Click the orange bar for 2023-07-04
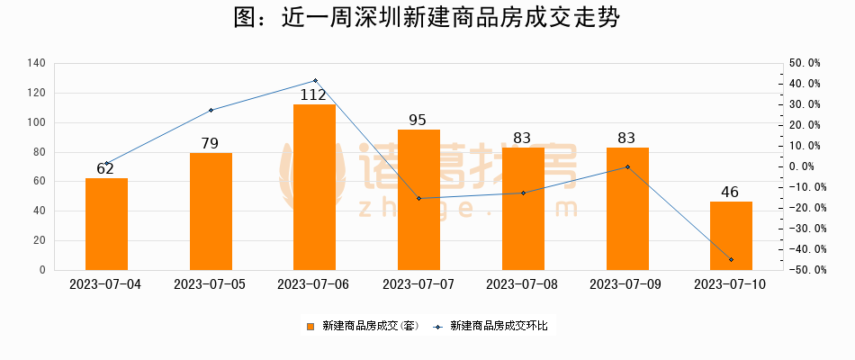click(106, 224)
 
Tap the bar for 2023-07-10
click(731, 236)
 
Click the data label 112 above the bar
click(314, 94)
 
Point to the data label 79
click(211, 143)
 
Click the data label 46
click(731, 192)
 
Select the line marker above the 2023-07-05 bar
click(211, 110)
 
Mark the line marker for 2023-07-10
click(731, 259)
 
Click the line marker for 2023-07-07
click(418, 198)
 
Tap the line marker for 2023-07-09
click(627, 166)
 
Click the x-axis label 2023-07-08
click(522, 283)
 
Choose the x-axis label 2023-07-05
click(210, 283)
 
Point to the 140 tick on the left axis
click(37, 63)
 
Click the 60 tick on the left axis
click(40, 181)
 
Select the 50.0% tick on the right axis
click(803, 63)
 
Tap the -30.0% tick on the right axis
click(801, 229)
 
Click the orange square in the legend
click(310, 326)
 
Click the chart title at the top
click(427, 18)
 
